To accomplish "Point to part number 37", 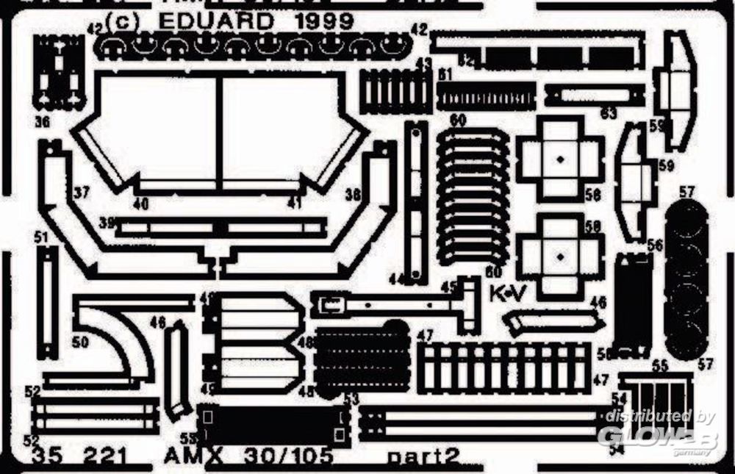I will pos(81,194).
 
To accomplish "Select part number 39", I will pos(108,223).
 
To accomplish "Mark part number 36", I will pos(42,121).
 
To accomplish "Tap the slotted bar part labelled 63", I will pos(594,95).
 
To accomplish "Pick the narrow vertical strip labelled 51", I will pos(49,301).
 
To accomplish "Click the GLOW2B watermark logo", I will pos(647,437).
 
